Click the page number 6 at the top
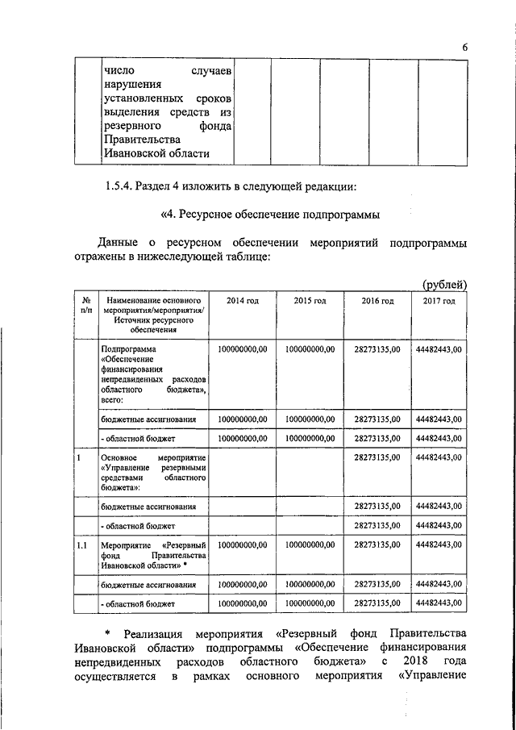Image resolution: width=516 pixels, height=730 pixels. tap(465, 48)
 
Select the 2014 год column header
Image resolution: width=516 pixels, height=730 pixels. tap(242, 301)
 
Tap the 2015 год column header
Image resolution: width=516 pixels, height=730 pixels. tap(310, 301)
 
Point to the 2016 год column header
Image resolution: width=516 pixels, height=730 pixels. tap(377, 301)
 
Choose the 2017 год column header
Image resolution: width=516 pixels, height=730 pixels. tap(439, 301)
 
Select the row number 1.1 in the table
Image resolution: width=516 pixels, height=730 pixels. tap(82, 546)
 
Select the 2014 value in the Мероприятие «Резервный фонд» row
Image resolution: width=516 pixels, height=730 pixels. tap(242, 546)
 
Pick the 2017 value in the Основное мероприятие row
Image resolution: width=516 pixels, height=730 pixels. tap(439, 457)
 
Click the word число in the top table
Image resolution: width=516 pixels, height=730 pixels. tap(118, 72)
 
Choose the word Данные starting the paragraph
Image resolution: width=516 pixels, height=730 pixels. tap(119, 242)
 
